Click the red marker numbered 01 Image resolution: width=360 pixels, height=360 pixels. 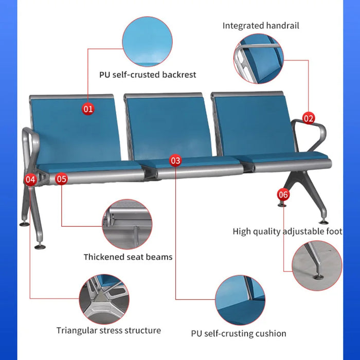[88, 109]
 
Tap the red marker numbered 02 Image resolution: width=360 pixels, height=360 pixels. [309, 118]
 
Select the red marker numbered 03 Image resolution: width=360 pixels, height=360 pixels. [175, 160]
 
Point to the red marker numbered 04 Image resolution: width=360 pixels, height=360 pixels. [30, 179]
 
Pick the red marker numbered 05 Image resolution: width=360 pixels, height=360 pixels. [62, 179]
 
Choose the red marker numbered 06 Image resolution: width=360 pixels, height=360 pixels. [283, 194]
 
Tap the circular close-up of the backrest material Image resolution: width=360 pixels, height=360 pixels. [147, 42]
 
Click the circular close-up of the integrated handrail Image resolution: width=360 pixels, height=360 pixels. [259, 59]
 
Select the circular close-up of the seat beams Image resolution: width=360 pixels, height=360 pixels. [127, 224]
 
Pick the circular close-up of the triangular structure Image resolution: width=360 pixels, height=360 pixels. [104, 299]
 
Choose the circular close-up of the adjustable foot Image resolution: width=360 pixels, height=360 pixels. [317, 266]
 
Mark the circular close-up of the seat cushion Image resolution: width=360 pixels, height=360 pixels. [240, 300]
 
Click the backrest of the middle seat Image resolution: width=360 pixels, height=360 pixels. [169, 127]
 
